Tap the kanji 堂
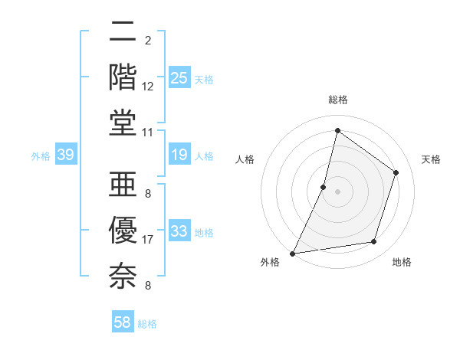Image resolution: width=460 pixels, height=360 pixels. click(123, 123)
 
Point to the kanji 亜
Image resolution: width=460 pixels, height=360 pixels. click(123, 184)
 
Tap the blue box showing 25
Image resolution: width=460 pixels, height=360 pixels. click(179, 78)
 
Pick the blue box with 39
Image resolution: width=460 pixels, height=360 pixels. click(65, 155)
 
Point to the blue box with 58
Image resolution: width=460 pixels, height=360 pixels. click(123, 323)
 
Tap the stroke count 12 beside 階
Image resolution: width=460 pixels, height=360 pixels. click(148, 87)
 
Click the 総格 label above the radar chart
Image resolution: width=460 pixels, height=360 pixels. click(337, 100)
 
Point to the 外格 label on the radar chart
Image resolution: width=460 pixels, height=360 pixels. click(270, 263)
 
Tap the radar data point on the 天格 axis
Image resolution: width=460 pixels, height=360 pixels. click(396, 172)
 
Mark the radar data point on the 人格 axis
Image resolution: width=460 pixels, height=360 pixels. click(324, 187)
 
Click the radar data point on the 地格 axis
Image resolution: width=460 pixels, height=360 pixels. click(374, 242)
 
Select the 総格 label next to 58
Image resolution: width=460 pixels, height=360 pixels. click(147, 324)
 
